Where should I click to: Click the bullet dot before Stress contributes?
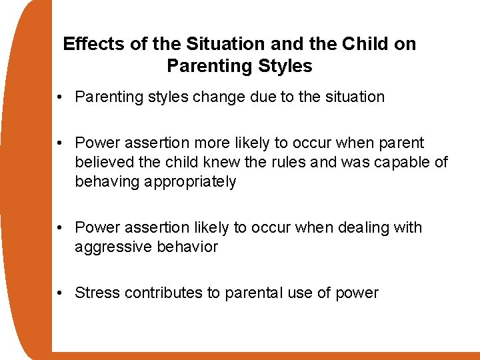[x=61, y=293]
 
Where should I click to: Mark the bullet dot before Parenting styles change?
[x=61, y=97]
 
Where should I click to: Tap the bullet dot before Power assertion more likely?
[x=61, y=143]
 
